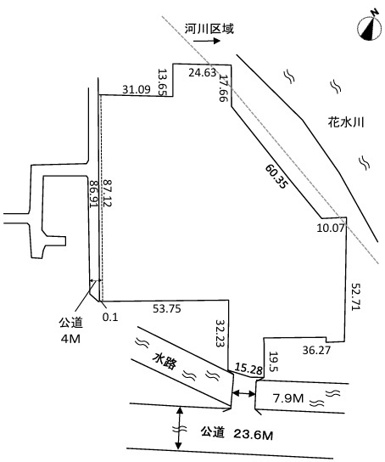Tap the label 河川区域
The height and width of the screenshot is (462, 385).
point(209,29)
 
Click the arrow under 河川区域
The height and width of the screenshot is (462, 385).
point(206,41)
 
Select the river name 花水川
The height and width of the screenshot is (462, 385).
point(346,122)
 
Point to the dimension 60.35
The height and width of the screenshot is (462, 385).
point(276,176)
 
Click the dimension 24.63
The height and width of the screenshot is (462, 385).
point(202,72)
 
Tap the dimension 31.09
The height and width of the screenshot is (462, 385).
point(137,89)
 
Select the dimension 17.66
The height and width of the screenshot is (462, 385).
point(224,87)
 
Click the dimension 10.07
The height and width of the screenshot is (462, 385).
point(330,228)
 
